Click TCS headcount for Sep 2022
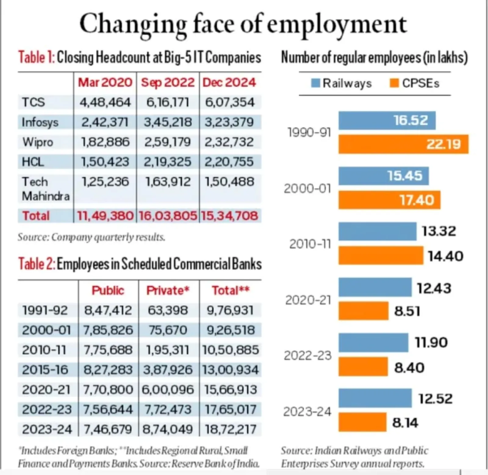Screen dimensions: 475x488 point(168,102)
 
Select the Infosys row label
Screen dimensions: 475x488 point(40,122)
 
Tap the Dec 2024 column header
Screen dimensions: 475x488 point(229,83)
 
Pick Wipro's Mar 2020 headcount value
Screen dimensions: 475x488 point(105,142)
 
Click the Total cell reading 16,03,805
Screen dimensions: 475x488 point(168,216)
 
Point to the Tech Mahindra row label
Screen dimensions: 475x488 point(46,189)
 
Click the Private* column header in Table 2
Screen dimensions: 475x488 point(168,290)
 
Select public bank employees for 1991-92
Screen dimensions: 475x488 point(108,310)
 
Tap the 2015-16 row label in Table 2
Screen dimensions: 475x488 point(45,370)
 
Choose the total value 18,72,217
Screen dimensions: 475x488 point(230,430)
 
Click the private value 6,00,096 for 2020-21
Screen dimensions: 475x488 point(168,390)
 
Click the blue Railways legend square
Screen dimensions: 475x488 point(316,83)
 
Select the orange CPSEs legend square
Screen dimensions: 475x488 point(394,83)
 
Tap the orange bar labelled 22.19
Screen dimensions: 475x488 point(403,144)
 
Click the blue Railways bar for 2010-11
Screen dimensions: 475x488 point(377,231)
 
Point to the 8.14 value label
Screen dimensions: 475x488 point(405,423)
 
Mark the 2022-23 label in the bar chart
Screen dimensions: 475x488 point(307,356)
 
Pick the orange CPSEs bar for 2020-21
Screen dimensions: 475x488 point(363,311)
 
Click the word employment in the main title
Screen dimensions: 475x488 point(337,24)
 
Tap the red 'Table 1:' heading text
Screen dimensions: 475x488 point(36,57)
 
